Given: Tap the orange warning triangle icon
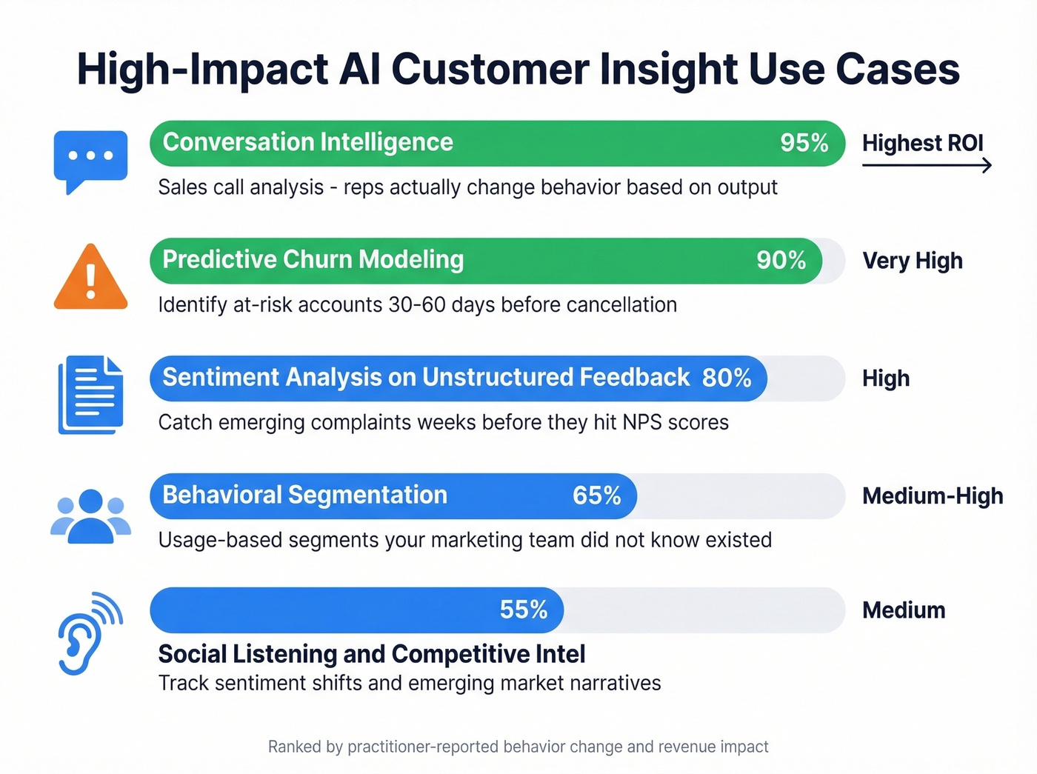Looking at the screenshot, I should (90, 278).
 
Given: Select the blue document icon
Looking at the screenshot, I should (90, 395).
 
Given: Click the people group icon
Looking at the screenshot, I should (90, 516).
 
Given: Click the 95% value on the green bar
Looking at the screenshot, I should (804, 143).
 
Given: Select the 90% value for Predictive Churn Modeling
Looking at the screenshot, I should (781, 260).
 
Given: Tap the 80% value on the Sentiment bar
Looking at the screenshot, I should (726, 378).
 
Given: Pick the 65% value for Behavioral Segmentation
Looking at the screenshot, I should (596, 496).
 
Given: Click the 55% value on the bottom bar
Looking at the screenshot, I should (523, 610).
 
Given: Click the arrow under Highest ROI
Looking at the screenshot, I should (926, 166).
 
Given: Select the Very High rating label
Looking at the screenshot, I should (912, 261).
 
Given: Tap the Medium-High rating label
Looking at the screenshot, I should (932, 496).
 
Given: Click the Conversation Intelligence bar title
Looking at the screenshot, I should (307, 142).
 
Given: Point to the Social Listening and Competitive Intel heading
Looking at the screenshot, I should (371, 654).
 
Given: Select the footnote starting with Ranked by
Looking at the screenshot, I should (518, 747).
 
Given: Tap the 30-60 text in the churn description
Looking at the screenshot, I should (417, 305).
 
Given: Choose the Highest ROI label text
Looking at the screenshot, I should (922, 143).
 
